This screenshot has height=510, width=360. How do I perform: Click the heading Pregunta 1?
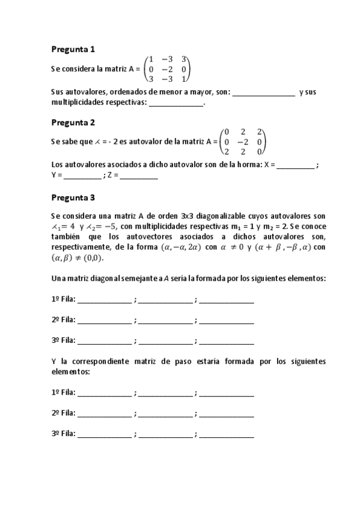tap(73, 49)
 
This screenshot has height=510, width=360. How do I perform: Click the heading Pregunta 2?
tap(73, 123)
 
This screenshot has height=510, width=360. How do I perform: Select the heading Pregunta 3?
tap(73, 197)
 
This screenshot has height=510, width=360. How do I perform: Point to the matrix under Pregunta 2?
tap(243, 142)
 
